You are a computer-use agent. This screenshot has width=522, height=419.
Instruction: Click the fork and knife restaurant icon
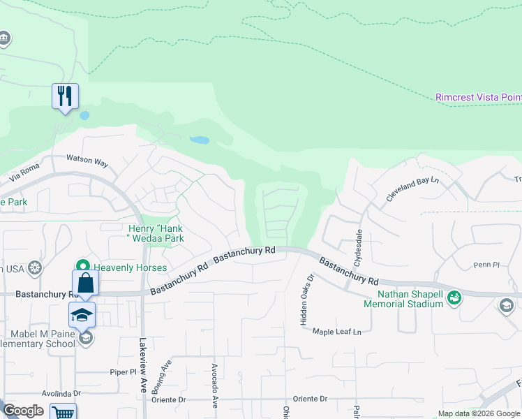point(65,96)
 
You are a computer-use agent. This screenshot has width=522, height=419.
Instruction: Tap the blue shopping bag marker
point(85,283)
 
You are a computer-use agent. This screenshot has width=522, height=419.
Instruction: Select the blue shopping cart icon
point(64,412)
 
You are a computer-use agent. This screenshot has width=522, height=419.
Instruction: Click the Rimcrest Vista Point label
point(478,97)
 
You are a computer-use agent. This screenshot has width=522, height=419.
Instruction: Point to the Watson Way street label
point(87,161)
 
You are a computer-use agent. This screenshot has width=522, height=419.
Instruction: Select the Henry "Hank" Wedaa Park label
point(156,233)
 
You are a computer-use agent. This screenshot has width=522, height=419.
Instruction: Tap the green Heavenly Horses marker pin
point(83,266)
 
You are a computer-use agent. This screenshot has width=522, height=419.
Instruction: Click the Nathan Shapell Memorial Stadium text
point(410,299)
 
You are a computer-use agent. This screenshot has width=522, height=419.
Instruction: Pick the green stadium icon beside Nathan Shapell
point(454,297)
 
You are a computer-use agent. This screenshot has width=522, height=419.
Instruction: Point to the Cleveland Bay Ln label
point(415,190)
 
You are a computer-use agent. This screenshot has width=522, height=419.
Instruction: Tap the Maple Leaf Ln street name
point(338,332)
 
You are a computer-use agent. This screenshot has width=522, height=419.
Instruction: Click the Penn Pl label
point(483,265)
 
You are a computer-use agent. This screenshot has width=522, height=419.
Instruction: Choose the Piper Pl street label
point(121,372)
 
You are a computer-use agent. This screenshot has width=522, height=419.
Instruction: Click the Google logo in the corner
point(23,411)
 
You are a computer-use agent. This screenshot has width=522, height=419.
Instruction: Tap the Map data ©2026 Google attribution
point(478,413)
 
